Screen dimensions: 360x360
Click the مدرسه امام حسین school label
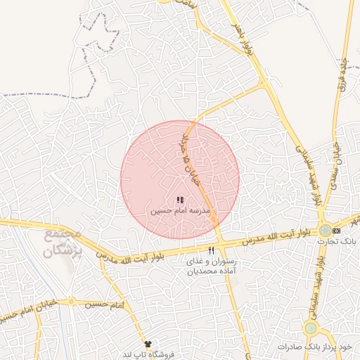click(180, 210)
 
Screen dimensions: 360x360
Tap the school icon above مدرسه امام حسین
click(180, 200)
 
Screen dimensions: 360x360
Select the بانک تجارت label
click(328, 241)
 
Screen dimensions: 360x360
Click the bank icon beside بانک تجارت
click(337, 231)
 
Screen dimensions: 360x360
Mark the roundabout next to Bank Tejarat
click(325, 230)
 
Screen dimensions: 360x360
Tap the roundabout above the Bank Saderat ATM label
click(310, 328)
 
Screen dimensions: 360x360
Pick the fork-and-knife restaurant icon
click(211, 250)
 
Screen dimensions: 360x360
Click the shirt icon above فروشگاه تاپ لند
click(148, 343)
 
